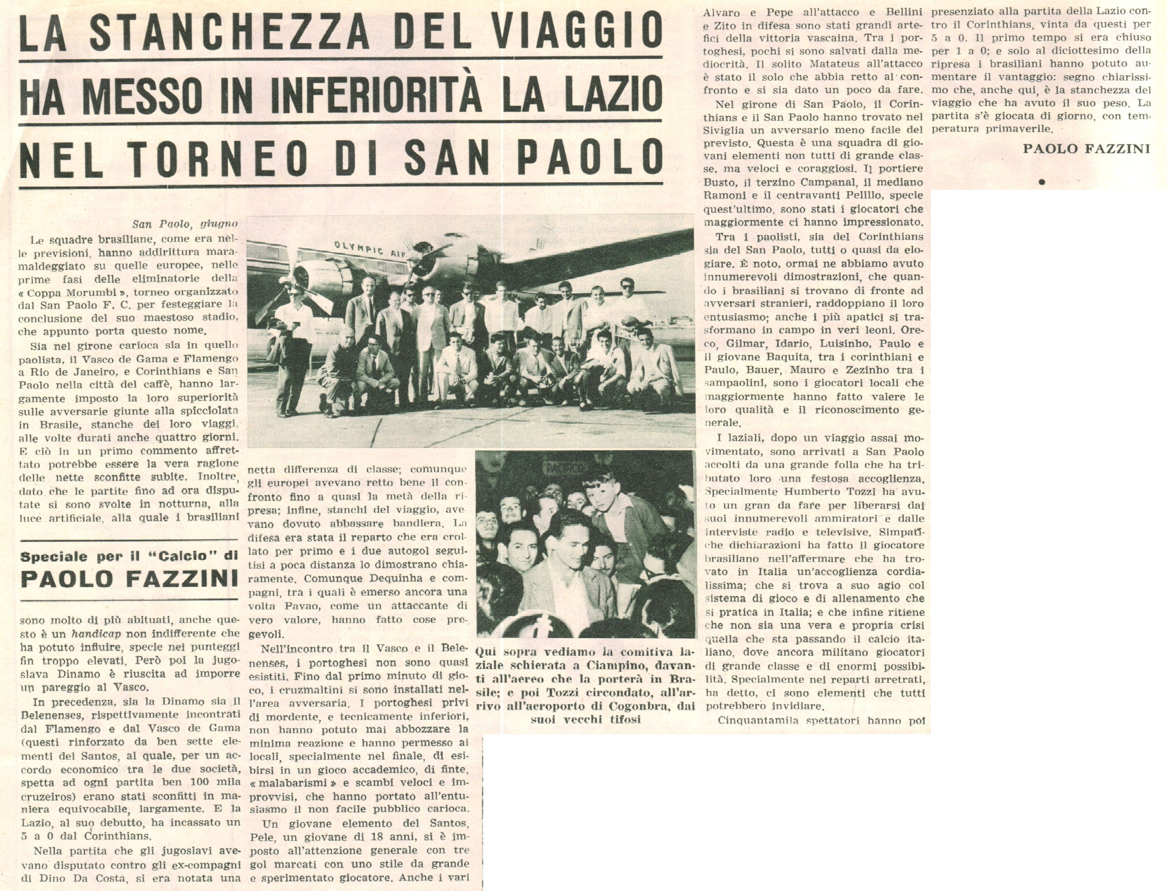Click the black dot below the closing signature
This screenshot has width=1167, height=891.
coord(1041,182)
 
